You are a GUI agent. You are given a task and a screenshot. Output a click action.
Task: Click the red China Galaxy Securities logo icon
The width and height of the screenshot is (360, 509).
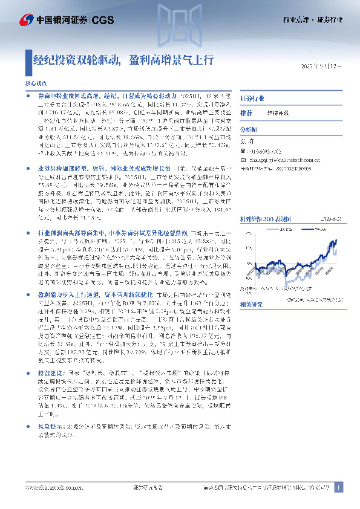[25, 19]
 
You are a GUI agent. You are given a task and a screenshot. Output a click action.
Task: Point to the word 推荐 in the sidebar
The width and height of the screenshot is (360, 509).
[246, 113]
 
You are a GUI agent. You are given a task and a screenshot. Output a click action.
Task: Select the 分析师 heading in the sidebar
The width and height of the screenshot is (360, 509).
[249, 129]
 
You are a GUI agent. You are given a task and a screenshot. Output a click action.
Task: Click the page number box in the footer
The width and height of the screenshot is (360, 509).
[338, 487]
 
